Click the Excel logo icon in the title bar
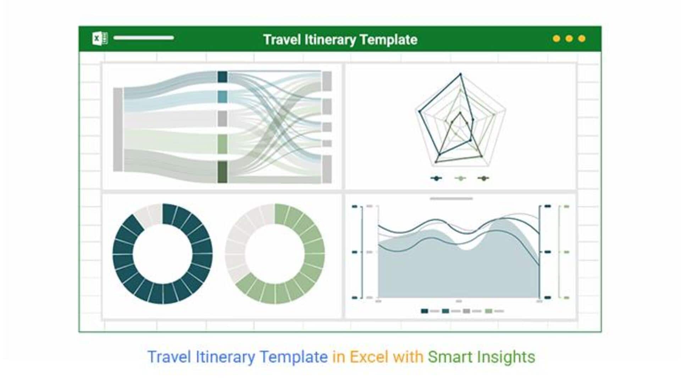tap(100, 38)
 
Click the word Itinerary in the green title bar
tap(330, 40)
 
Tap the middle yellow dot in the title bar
tap(569, 38)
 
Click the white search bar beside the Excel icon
tap(144, 38)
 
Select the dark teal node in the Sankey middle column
tap(222, 77)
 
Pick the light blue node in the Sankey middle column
tap(222, 97)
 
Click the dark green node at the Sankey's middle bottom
tap(222, 172)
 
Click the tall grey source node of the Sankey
tap(118, 130)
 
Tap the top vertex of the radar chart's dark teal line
tap(461, 74)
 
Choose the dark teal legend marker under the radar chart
tap(436, 178)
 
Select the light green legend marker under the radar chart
tap(460, 178)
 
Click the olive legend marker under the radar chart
tap(483, 178)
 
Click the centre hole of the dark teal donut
tap(163, 254)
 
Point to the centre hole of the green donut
tap(275, 254)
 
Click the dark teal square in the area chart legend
tap(424, 311)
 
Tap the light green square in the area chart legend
tap(488, 311)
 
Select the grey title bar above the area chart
tap(451, 199)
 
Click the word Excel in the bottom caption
tap(369, 357)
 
